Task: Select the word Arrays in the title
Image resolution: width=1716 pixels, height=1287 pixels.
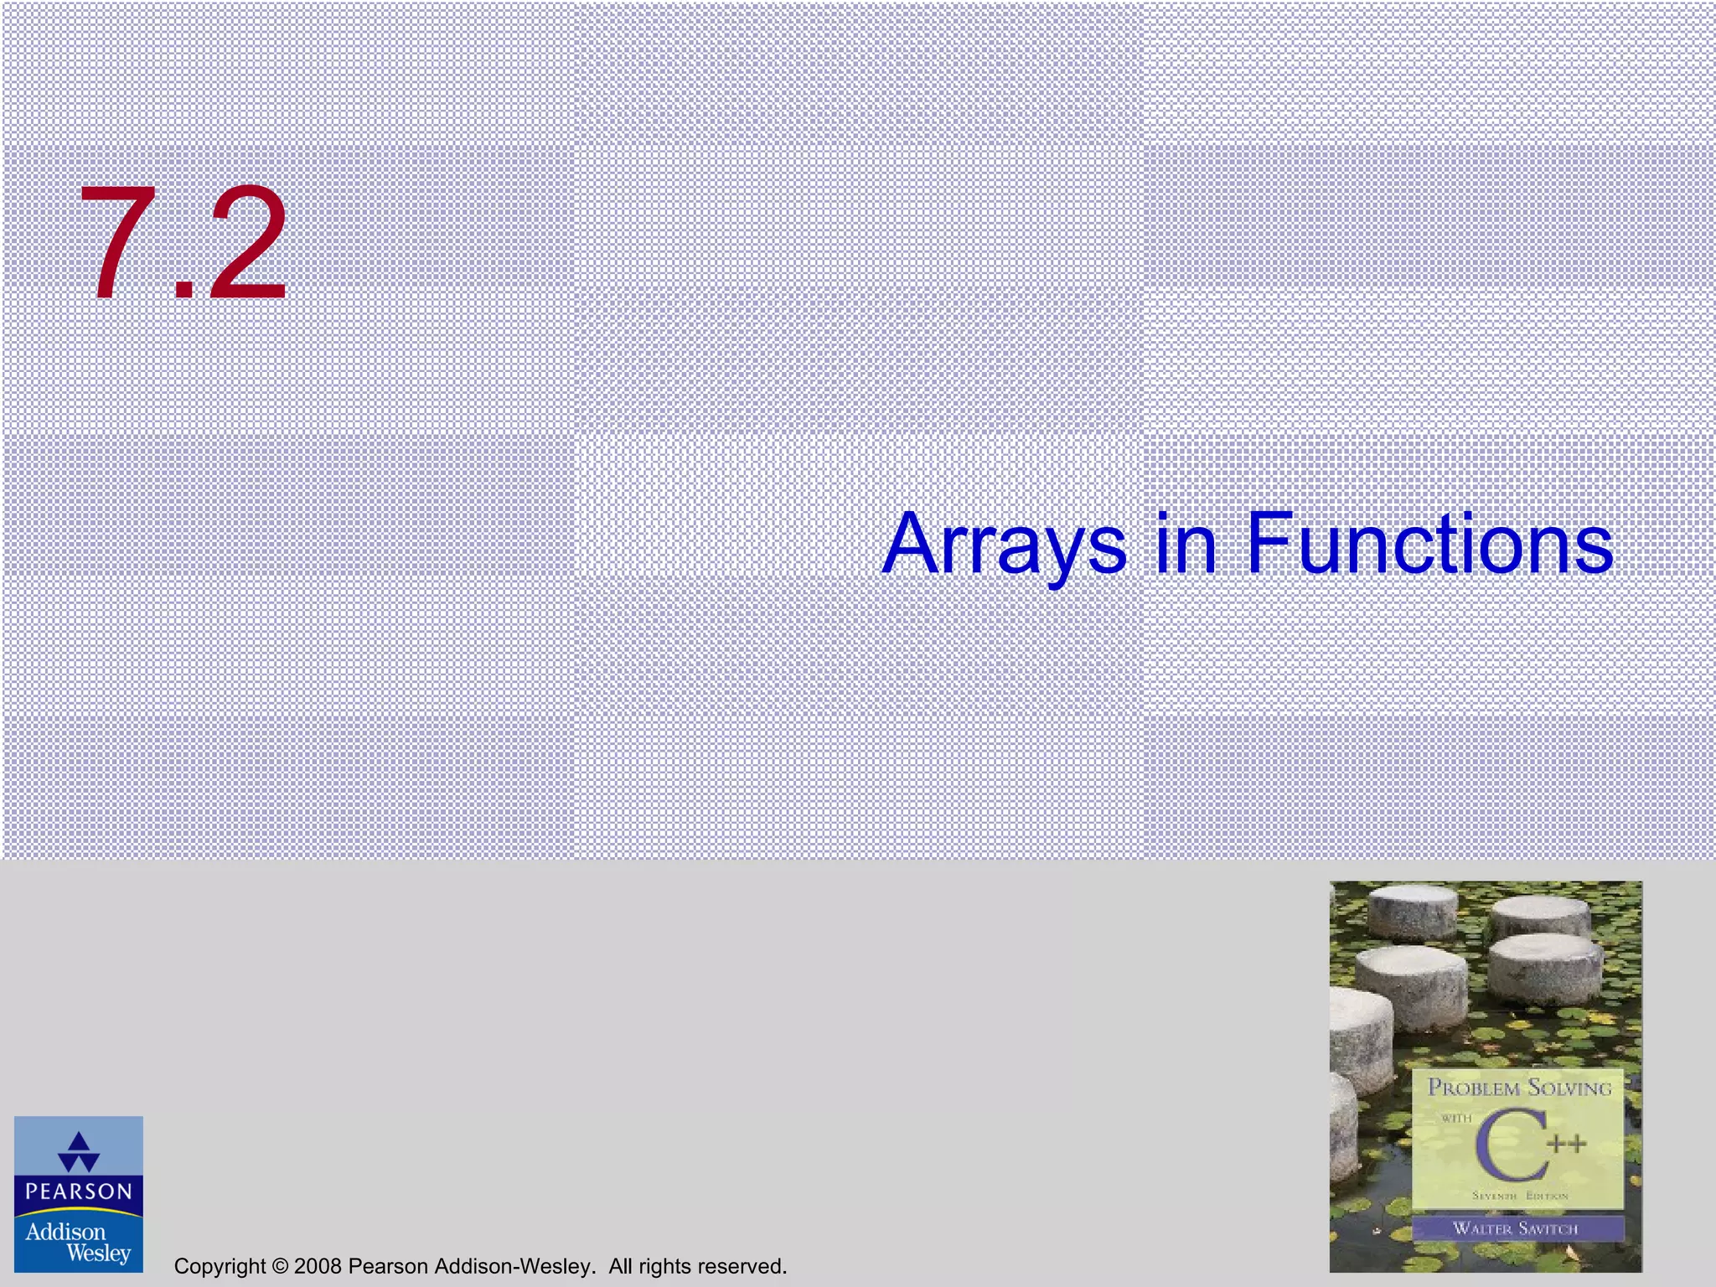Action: click(1005, 545)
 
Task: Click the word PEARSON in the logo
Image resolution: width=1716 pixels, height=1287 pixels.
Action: click(79, 1191)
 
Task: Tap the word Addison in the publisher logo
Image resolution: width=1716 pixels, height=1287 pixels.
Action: click(65, 1232)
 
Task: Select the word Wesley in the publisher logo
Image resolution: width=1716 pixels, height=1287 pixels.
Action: click(98, 1253)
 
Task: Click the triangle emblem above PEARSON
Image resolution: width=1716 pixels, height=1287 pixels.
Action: click(79, 1152)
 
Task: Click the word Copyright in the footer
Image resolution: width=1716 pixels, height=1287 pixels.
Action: click(220, 1266)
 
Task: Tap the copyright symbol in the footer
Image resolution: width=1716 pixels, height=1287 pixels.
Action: click(280, 1266)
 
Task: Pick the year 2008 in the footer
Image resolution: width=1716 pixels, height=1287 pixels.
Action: click(318, 1266)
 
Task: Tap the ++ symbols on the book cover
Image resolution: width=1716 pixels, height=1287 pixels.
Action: click(1567, 1144)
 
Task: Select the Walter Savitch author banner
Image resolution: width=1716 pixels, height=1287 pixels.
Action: click(1516, 1228)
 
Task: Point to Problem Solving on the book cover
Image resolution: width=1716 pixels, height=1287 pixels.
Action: click(1519, 1088)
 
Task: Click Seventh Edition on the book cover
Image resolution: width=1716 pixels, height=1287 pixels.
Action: click(1519, 1196)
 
